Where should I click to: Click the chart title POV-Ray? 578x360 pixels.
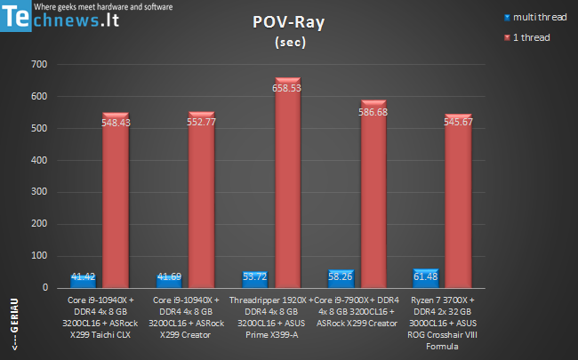click(x=288, y=25)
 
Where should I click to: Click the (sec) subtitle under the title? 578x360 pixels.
click(x=288, y=42)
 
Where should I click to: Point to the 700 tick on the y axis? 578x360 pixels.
click(x=39, y=64)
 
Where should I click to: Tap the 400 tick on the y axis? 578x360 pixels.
click(x=39, y=160)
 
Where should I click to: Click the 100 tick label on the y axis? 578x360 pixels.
click(x=39, y=256)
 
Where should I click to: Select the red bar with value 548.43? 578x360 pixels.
click(x=119, y=204)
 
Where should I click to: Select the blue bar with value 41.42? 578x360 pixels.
click(x=84, y=282)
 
